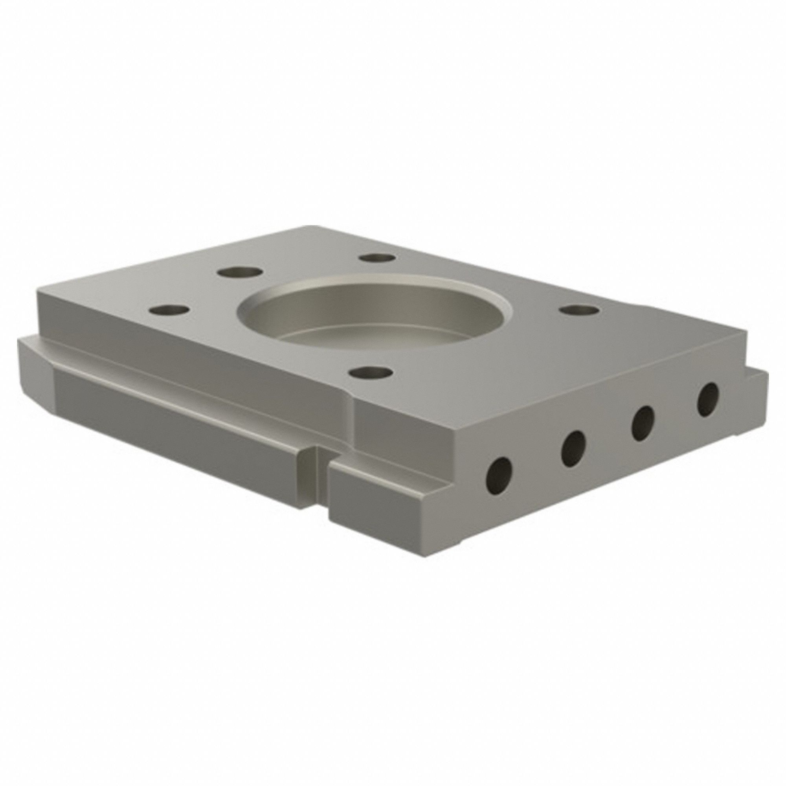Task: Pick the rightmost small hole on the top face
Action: point(579,310)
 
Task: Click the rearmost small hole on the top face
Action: point(378,257)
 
